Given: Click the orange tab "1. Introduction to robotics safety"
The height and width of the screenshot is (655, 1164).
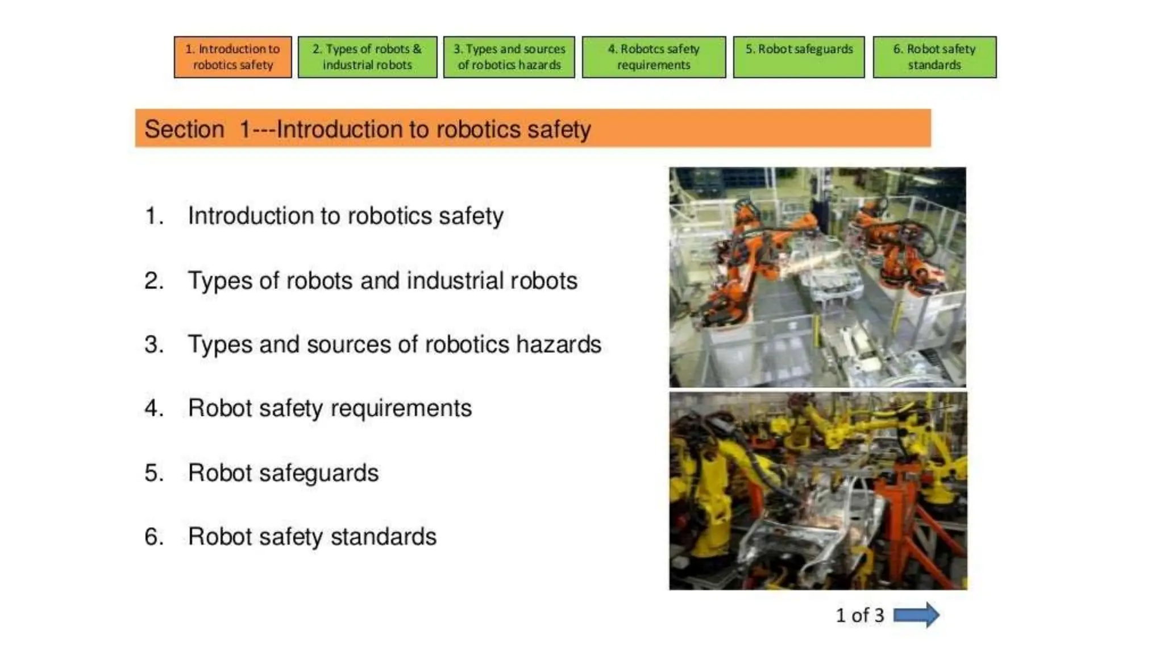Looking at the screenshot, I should [232, 57].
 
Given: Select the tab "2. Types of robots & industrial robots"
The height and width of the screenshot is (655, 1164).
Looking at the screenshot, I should [367, 57].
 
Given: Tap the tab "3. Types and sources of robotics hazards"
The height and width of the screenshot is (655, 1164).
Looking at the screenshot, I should [509, 57].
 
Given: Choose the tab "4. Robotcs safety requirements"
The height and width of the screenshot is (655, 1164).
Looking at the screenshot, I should [654, 57].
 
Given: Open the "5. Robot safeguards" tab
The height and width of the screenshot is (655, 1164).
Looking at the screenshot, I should [799, 57].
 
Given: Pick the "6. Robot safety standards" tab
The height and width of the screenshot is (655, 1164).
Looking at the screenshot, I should [934, 57].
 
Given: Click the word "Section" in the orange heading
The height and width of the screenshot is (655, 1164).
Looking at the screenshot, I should [184, 129].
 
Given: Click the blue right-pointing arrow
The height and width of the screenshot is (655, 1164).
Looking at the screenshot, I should [916, 615].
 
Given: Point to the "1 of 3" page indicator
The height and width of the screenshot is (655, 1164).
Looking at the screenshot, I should [859, 615].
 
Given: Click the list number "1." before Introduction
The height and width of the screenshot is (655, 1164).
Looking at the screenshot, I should [154, 216].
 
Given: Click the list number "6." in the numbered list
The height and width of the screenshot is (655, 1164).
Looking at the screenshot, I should [154, 537].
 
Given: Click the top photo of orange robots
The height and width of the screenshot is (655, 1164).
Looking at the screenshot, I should [817, 277].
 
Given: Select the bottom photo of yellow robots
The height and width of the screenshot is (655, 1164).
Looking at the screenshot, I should [817, 491].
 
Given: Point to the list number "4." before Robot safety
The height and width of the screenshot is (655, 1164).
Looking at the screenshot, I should [154, 408].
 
